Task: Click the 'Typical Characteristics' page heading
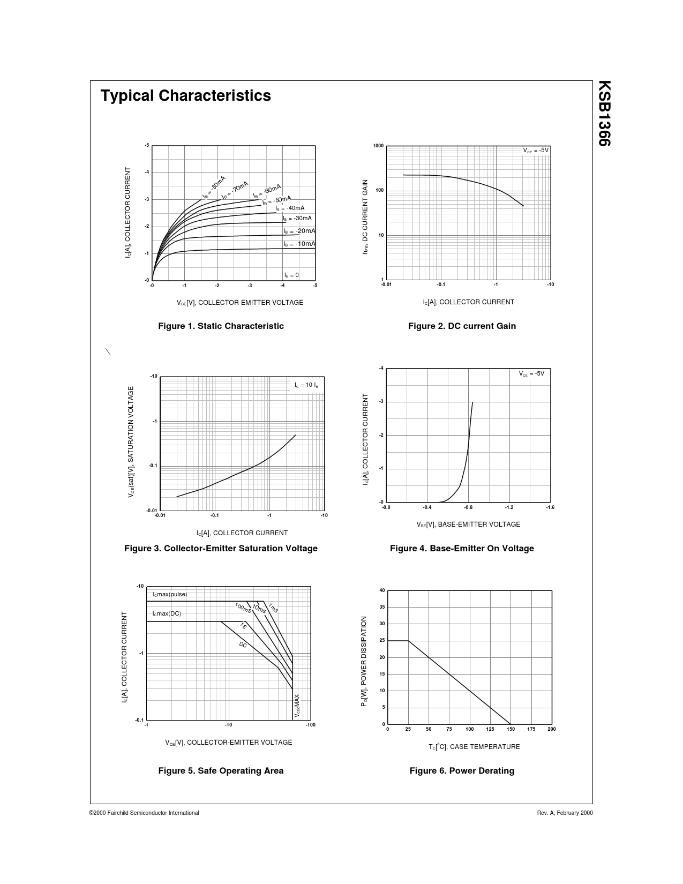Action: click(x=185, y=95)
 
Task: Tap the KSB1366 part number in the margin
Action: click(x=604, y=113)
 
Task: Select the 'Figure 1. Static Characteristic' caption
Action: click(x=221, y=326)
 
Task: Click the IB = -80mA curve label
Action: click(x=214, y=187)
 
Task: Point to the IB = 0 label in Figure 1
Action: click(x=291, y=275)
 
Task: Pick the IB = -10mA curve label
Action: click(x=299, y=244)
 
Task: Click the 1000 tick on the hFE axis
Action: click(x=378, y=146)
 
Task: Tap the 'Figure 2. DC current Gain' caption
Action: click(x=462, y=326)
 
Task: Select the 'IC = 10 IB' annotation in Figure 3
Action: click(x=306, y=385)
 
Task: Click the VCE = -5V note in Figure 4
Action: click(x=531, y=373)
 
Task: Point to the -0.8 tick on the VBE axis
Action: click(x=468, y=507)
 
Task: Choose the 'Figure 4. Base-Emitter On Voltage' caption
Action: click(x=462, y=548)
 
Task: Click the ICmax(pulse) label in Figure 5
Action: click(x=170, y=594)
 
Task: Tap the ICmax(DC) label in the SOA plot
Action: click(x=167, y=613)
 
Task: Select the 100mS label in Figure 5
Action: click(x=243, y=608)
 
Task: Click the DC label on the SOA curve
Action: click(x=243, y=645)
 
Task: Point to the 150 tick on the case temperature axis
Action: click(x=511, y=729)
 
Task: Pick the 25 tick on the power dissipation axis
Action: click(x=382, y=641)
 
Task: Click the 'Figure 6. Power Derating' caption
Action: click(x=462, y=770)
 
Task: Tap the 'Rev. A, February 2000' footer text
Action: click(x=565, y=813)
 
